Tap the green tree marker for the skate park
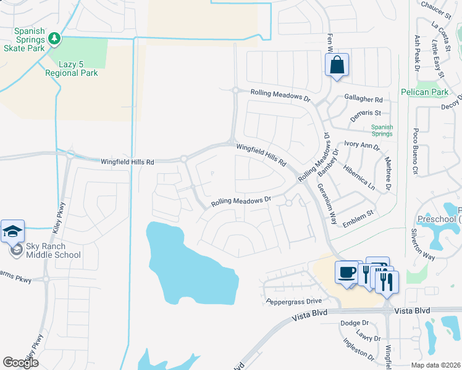coord(55,39)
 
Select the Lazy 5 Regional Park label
coord(71,68)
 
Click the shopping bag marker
coord(337,65)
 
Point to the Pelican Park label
coord(432,92)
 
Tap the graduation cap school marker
coord(13,232)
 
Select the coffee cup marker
coord(346,271)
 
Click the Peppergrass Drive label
coord(294,301)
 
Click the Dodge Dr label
coord(355,323)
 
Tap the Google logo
coord(20,363)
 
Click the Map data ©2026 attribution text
coord(435,365)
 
